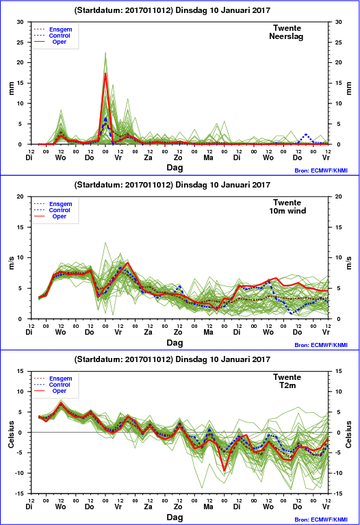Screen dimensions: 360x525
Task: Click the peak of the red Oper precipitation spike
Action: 105,73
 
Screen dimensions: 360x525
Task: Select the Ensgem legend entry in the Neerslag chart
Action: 61,29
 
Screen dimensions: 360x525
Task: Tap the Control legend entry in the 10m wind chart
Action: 60,210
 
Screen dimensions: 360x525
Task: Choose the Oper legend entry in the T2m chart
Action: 60,391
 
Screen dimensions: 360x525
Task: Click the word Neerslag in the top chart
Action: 286,36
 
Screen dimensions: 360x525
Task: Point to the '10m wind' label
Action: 287,211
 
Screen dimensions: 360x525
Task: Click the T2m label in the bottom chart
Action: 287,385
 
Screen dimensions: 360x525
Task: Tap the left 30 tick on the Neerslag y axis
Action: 21,22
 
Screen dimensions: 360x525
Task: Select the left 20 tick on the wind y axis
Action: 21,196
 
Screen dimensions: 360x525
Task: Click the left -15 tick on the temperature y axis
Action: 20,494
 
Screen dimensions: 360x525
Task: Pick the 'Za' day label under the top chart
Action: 148,157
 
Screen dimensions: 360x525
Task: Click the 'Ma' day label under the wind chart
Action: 208,332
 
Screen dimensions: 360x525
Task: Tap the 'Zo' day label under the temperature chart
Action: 178,507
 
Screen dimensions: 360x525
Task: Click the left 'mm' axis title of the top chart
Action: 11,88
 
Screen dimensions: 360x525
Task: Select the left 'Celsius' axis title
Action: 11,435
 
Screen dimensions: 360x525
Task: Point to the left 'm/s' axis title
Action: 11,263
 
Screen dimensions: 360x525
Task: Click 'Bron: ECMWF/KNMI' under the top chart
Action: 321,170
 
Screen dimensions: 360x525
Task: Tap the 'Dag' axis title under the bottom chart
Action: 175,517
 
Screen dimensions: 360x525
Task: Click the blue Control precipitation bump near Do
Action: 306,136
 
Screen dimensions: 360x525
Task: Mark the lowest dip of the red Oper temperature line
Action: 224,470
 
